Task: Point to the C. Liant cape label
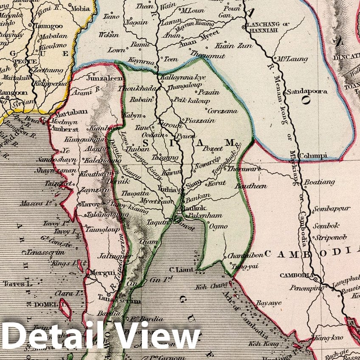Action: click(178, 269)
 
